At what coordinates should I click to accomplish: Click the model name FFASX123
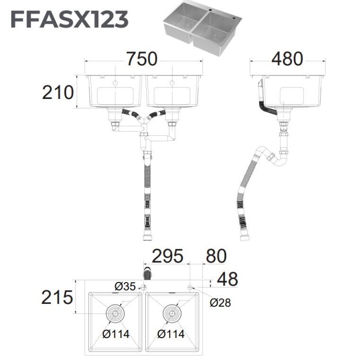(70, 19)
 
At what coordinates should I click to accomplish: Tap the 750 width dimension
(142, 59)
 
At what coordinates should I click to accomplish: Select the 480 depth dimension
(287, 59)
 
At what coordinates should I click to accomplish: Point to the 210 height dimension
(58, 92)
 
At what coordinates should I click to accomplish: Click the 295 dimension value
(168, 256)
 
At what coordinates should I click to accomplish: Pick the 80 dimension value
(216, 256)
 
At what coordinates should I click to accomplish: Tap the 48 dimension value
(228, 279)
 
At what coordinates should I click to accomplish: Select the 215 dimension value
(57, 297)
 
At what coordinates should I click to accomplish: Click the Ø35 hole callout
(125, 286)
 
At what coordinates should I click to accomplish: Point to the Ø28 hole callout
(220, 303)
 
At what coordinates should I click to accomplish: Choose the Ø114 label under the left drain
(116, 334)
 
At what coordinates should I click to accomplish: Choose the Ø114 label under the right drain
(171, 334)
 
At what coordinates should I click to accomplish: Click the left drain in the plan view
(115, 314)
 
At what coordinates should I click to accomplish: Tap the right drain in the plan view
(172, 314)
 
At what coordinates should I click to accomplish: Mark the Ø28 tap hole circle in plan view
(190, 287)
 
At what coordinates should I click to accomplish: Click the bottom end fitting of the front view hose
(147, 238)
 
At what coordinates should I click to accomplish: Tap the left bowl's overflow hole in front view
(115, 83)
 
